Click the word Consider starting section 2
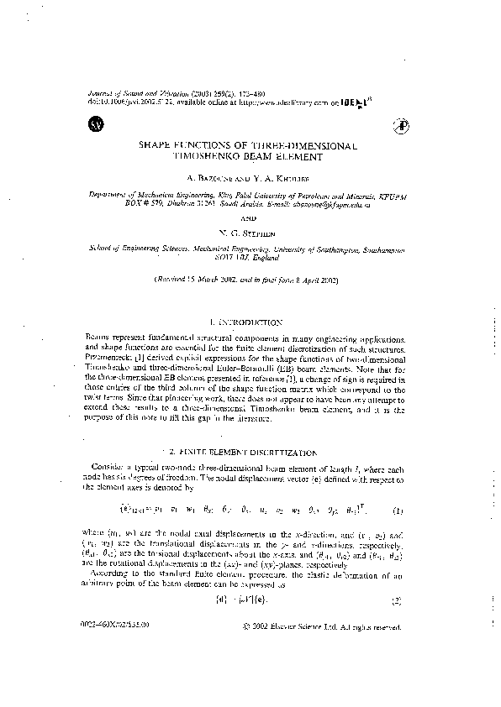117,469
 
